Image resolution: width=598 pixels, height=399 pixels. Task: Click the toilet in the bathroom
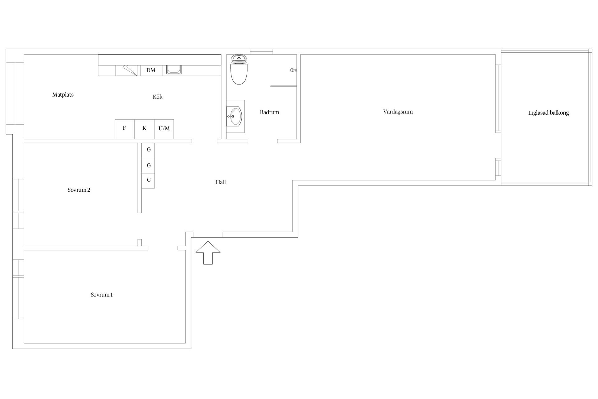pos(239,70)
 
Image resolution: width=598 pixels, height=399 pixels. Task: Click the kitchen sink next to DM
pos(173,70)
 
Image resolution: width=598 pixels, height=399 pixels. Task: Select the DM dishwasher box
pos(151,70)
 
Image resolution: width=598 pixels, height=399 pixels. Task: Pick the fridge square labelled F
pos(125,129)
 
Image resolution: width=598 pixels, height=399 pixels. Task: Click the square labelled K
pos(144,129)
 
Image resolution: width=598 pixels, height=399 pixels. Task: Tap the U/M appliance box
pos(164,129)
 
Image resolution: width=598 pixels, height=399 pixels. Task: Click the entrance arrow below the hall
pos(208,253)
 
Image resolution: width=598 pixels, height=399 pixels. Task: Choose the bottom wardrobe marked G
pos(149,180)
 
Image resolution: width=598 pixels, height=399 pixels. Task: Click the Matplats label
pos(63,95)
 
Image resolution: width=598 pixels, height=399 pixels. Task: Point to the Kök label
pos(158,97)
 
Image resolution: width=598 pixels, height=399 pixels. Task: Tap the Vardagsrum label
pos(398,112)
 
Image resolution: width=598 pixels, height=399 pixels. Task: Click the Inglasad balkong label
pos(548,113)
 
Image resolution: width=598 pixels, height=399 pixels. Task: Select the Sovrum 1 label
pos(102,295)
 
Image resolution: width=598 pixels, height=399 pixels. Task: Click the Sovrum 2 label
pos(79,190)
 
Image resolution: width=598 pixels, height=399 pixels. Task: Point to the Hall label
pos(221,182)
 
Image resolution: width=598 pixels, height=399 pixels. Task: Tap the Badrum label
pos(269,112)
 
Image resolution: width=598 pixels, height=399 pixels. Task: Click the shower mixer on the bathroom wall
pos(293,70)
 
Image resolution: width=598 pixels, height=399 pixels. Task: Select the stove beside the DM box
pos(126,70)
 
